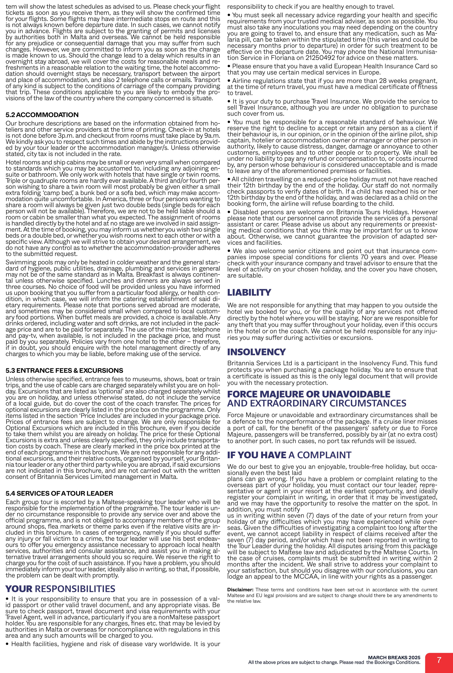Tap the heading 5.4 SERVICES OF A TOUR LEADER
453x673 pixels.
59,493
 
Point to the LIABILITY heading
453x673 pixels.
249,292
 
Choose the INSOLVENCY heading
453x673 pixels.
256,352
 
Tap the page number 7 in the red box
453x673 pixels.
439,660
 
